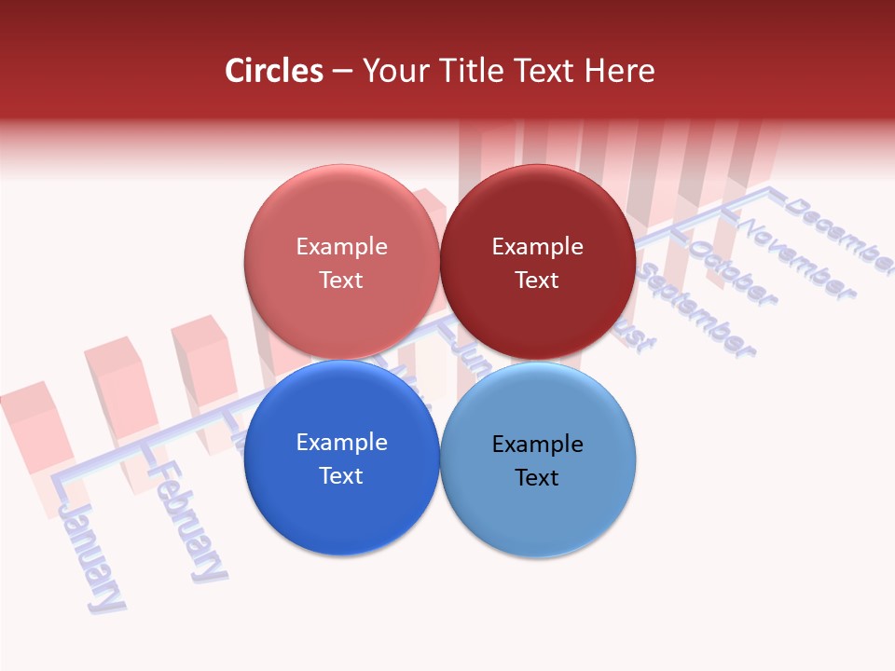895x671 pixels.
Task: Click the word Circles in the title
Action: click(274, 71)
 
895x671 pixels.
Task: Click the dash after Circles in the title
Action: click(342, 72)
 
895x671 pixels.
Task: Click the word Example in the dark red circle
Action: click(537, 247)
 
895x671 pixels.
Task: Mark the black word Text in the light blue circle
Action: click(537, 478)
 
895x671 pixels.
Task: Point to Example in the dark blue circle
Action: click(341, 443)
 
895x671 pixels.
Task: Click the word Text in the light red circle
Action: click(341, 281)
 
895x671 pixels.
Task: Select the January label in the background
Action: click(92, 555)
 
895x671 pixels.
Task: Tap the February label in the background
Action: click(190, 521)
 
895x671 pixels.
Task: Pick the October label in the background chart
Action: click(732, 274)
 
